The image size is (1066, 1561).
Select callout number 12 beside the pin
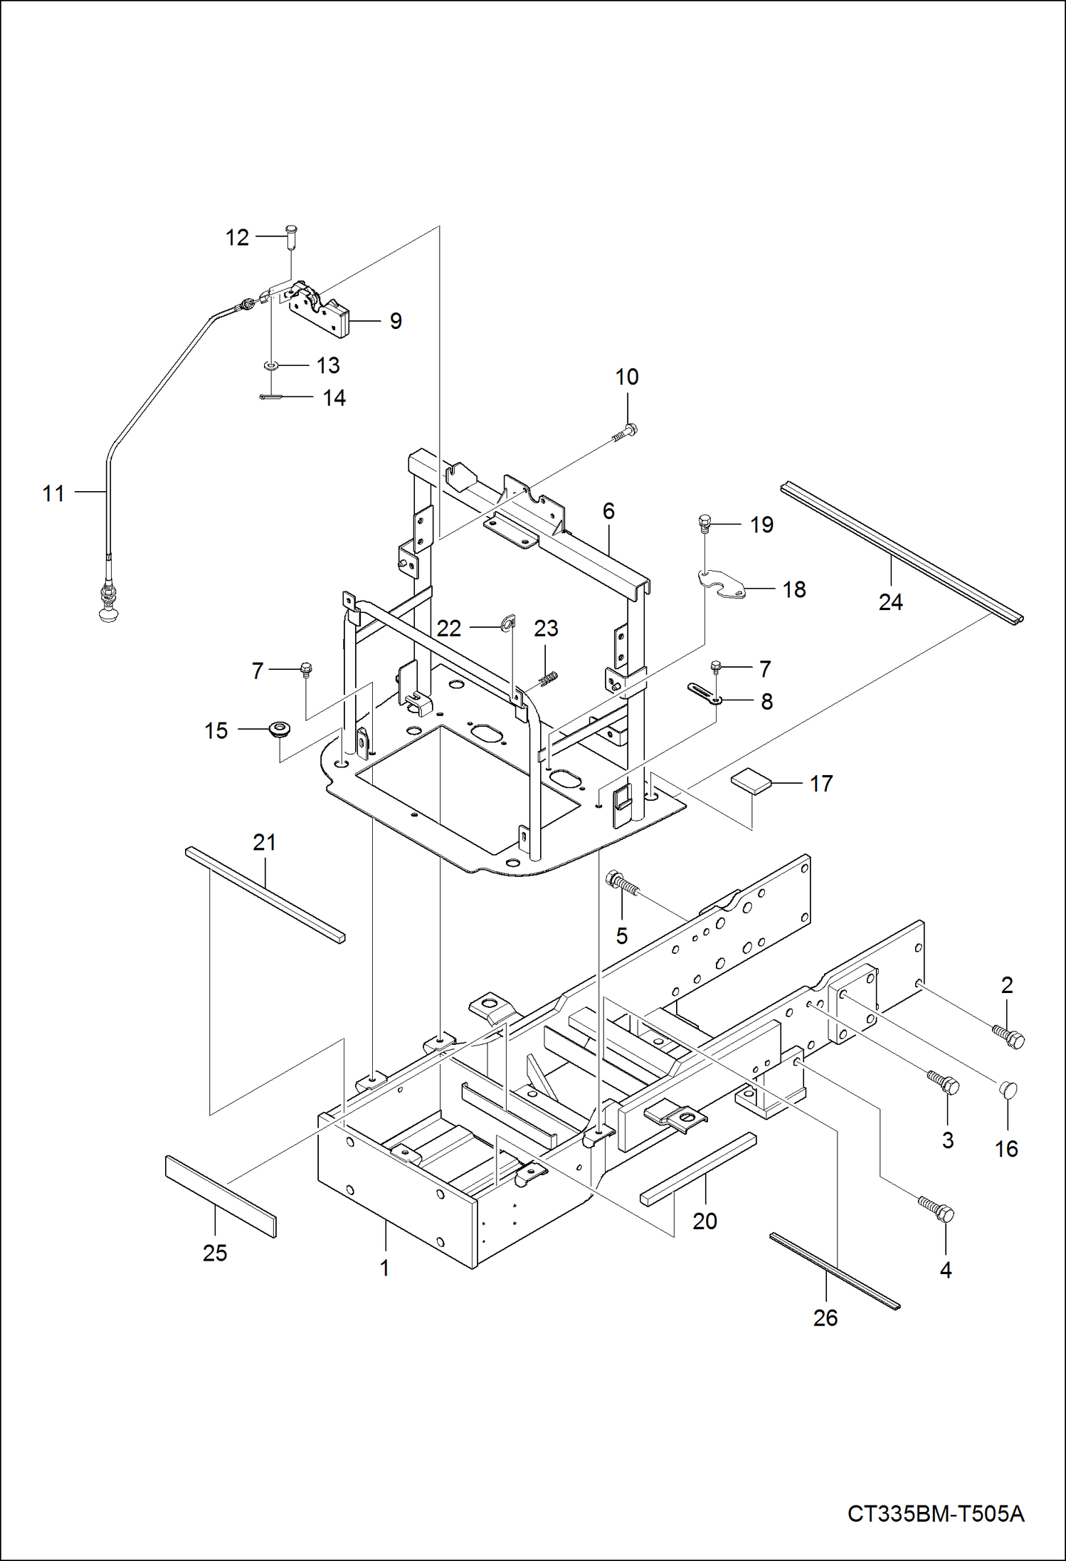[237, 237]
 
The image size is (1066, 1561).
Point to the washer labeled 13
[270, 366]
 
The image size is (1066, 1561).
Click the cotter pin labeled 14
[271, 397]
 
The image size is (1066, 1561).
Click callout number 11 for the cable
[53, 493]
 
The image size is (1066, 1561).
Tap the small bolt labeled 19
[704, 525]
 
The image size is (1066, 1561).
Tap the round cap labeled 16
[1008, 1088]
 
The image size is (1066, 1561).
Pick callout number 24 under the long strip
[890, 602]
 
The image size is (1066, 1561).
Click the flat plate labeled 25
[221, 1197]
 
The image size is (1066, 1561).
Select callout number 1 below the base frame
[384, 1268]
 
